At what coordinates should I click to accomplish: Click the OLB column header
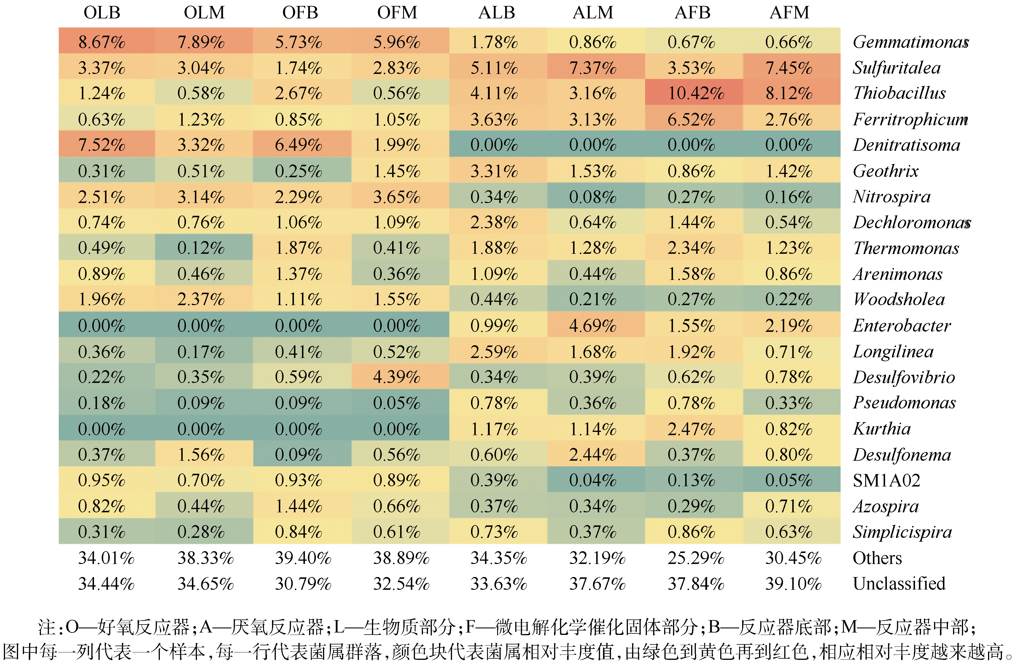(102, 13)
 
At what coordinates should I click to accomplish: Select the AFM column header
(789, 13)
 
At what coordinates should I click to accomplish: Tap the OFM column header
(397, 13)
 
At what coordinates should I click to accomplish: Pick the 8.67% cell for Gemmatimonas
(102, 42)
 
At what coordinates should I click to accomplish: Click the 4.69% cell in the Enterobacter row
(593, 326)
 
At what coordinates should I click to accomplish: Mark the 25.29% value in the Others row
(696, 558)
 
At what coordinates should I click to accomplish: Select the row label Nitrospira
(891, 197)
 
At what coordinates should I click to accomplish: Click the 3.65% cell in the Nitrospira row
(397, 197)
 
